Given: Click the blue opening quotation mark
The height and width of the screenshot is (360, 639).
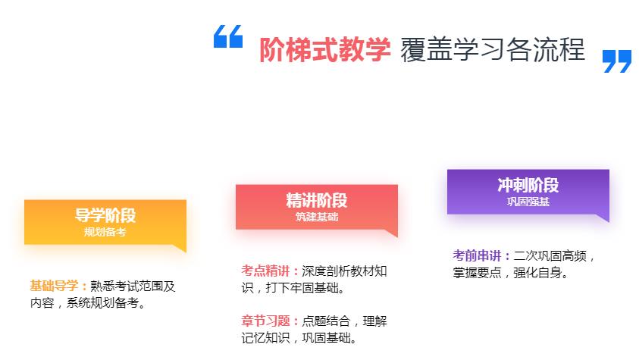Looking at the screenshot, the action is pyautogui.click(x=228, y=36).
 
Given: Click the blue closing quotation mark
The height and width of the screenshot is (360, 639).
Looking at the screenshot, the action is pyautogui.click(x=616, y=61).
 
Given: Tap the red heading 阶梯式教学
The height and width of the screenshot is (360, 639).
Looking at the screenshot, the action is pyautogui.click(x=324, y=50).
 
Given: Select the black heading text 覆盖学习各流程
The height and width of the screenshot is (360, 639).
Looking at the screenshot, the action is pyautogui.click(x=493, y=50).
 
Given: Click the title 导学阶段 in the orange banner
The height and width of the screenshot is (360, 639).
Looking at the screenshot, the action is pyautogui.click(x=105, y=215).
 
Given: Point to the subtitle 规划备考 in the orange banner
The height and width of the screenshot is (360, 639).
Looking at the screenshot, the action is pyautogui.click(x=105, y=232).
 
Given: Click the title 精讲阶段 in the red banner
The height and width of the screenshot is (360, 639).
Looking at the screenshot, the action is pyautogui.click(x=317, y=200).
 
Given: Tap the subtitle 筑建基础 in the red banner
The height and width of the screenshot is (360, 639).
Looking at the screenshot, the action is pyautogui.click(x=317, y=217).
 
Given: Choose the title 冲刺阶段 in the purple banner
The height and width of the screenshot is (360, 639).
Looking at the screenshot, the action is pyautogui.click(x=528, y=185).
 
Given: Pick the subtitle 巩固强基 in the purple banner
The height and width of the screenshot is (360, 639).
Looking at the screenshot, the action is pyautogui.click(x=528, y=202).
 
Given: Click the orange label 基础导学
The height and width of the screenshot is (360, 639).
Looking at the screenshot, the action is pyautogui.click(x=54, y=286).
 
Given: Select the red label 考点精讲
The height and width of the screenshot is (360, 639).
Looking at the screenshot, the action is pyautogui.click(x=265, y=271).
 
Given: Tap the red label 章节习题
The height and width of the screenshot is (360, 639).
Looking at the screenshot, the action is pyautogui.click(x=265, y=321).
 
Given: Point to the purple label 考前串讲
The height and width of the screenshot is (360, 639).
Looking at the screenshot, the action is pyautogui.click(x=477, y=255).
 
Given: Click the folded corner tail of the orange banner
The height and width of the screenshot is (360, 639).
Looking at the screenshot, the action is pyautogui.click(x=181, y=248).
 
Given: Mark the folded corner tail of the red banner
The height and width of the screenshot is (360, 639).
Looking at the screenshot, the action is pyautogui.click(x=393, y=233).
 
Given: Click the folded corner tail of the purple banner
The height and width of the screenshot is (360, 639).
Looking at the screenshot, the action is pyautogui.click(x=604, y=218).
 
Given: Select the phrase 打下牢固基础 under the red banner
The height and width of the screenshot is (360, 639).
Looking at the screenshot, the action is pyautogui.click(x=302, y=288).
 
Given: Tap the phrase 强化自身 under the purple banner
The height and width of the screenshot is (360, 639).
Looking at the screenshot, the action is pyautogui.click(x=538, y=273).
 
